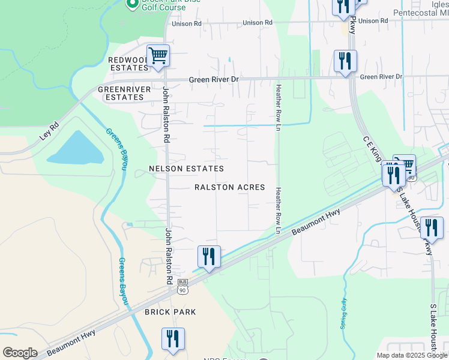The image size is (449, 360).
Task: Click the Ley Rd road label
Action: pyautogui.click(x=49, y=132)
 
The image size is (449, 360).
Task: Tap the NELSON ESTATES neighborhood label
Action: pyautogui.click(x=186, y=169)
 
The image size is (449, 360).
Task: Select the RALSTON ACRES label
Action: pyautogui.click(x=230, y=187)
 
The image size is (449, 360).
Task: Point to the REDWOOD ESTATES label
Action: pyautogui.click(x=128, y=64)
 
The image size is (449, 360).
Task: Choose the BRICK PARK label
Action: pyautogui.click(x=170, y=313)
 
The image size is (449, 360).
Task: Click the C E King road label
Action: pyautogui.click(x=372, y=150)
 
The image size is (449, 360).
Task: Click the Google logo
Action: pyautogui.click(x=20, y=353)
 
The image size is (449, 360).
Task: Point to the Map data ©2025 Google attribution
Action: pyautogui.click(x=412, y=355)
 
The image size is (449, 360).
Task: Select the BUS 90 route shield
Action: pyautogui.click(x=182, y=286)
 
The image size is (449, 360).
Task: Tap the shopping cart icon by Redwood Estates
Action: pyautogui.click(x=158, y=56)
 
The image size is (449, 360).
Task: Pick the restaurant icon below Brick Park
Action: pyautogui.click(x=173, y=338)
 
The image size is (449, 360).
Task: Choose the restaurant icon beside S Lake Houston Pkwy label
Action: pyautogui.click(x=432, y=228)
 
